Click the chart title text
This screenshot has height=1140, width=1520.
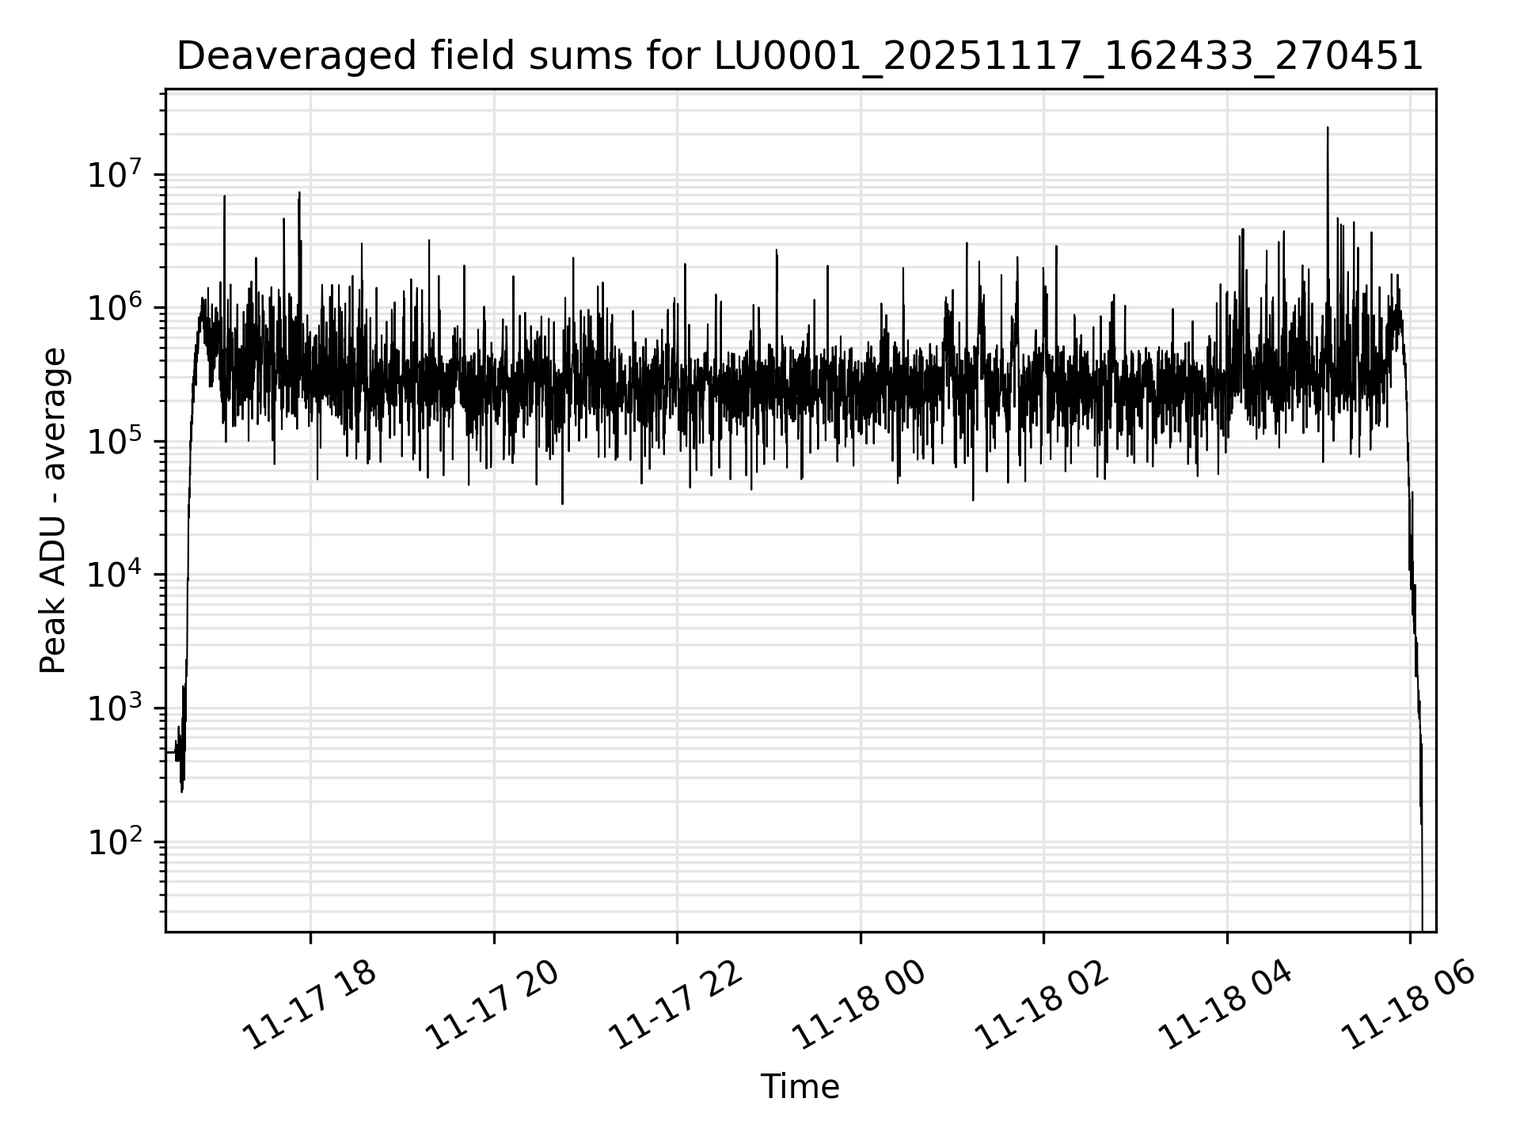pyautogui.click(x=800, y=56)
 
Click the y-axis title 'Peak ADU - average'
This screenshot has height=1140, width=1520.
pyautogui.click(x=54, y=511)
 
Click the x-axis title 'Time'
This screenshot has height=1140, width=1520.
pyautogui.click(x=800, y=1086)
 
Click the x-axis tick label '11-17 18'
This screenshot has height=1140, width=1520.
pyautogui.click(x=309, y=1005)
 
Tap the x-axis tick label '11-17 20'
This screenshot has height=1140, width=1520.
pyautogui.click(x=492, y=1005)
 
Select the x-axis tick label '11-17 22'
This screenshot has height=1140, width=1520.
pyautogui.click(x=675, y=1005)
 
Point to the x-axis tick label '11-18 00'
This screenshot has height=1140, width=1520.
pyautogui.click(x=859, y=1005)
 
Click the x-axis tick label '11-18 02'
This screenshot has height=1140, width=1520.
pyautogui.click(x=1042, y=1005)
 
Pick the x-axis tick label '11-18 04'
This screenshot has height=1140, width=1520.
pyautogui.click(x=1225, y=1005)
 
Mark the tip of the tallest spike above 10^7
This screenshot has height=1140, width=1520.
pyautogui.click(x=1328, y=127)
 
